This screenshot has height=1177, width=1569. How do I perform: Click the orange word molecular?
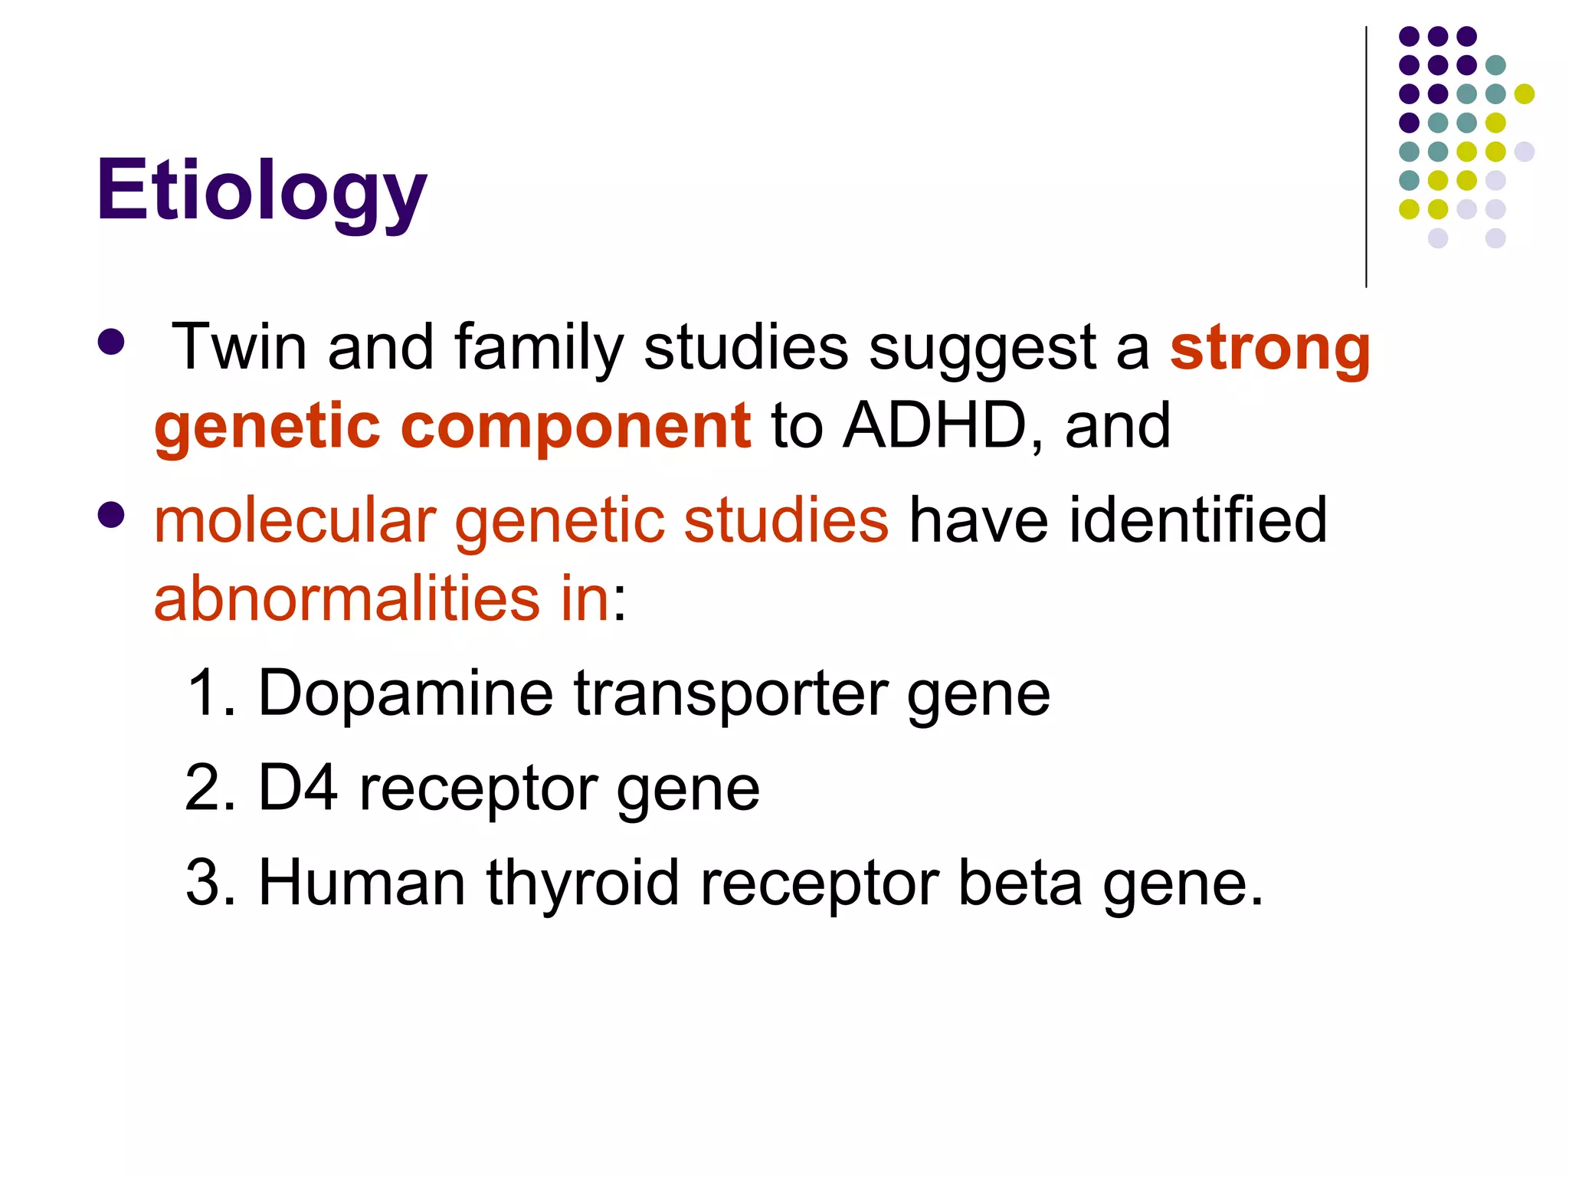pyautogui.click(x=295, y=520)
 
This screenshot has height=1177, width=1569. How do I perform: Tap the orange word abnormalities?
pyautogui.click(x=347, y=598)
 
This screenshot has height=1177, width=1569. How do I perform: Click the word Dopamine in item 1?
pyautogui.click(x=405, y=693)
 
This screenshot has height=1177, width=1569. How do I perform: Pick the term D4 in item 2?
pyautogui.click(x=298, y=788)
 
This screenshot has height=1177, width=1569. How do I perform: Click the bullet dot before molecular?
pyautogui.click(x=112, y=515)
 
